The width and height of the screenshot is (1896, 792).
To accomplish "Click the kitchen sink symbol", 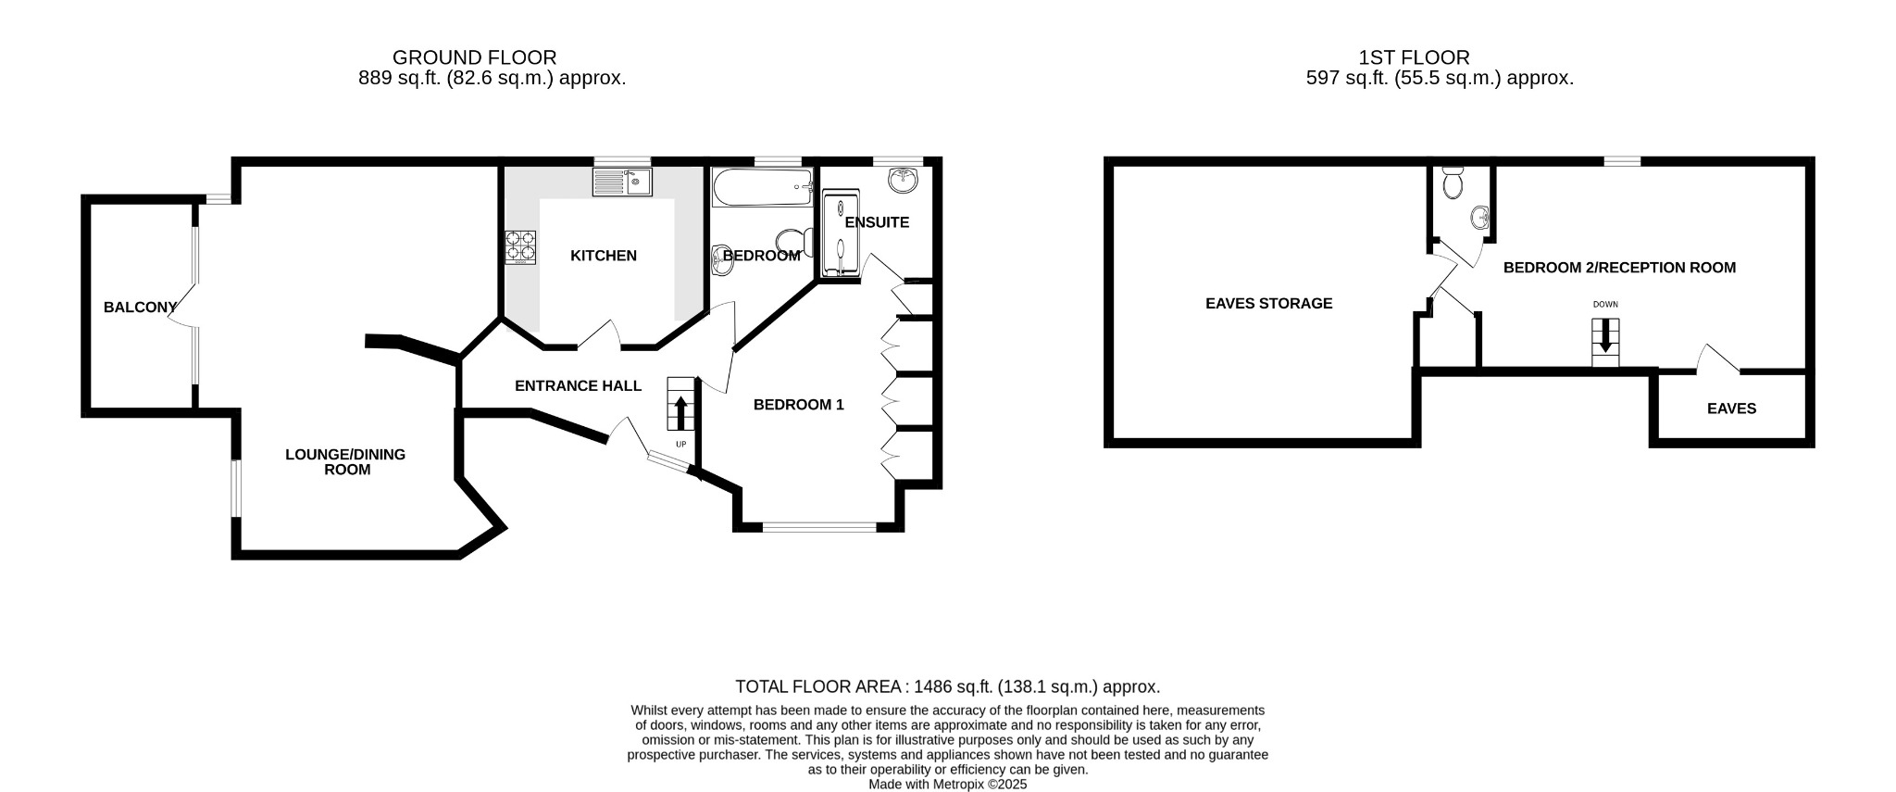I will [622, 182].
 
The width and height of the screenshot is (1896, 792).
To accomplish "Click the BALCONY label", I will [140, 308].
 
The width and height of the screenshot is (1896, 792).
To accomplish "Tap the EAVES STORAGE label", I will [1268, 303].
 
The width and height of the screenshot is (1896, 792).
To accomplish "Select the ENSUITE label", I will [877, 222].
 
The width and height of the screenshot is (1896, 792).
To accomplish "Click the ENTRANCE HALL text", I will [578, 385].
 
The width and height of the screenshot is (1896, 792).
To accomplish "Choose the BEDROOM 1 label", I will [798, 405].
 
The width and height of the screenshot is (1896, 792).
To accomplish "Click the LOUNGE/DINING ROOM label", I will [346, 461].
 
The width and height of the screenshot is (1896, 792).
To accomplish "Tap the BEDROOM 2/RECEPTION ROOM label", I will [1619, 268].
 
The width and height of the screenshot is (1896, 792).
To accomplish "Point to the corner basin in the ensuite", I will [903, 180].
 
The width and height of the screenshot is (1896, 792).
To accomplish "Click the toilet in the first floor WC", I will [1453, 183].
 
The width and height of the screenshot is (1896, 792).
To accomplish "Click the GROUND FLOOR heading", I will [474, 58].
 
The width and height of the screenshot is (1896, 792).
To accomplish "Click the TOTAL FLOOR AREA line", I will [947, 686].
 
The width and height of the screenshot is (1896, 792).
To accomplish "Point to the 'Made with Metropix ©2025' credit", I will [947, 784].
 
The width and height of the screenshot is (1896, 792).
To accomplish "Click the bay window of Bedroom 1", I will [819, 527].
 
